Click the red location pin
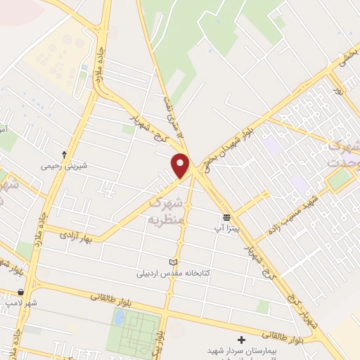(x=181, y=165)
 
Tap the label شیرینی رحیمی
(x=65, y=166)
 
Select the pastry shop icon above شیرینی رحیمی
(x=65, y=154)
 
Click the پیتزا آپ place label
(x=226, y=229)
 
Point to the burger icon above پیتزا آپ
(x=226, y=217)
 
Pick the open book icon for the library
(x=174, y=262)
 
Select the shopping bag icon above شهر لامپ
(x=20, y=291)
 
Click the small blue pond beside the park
(x=119, y=317)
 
